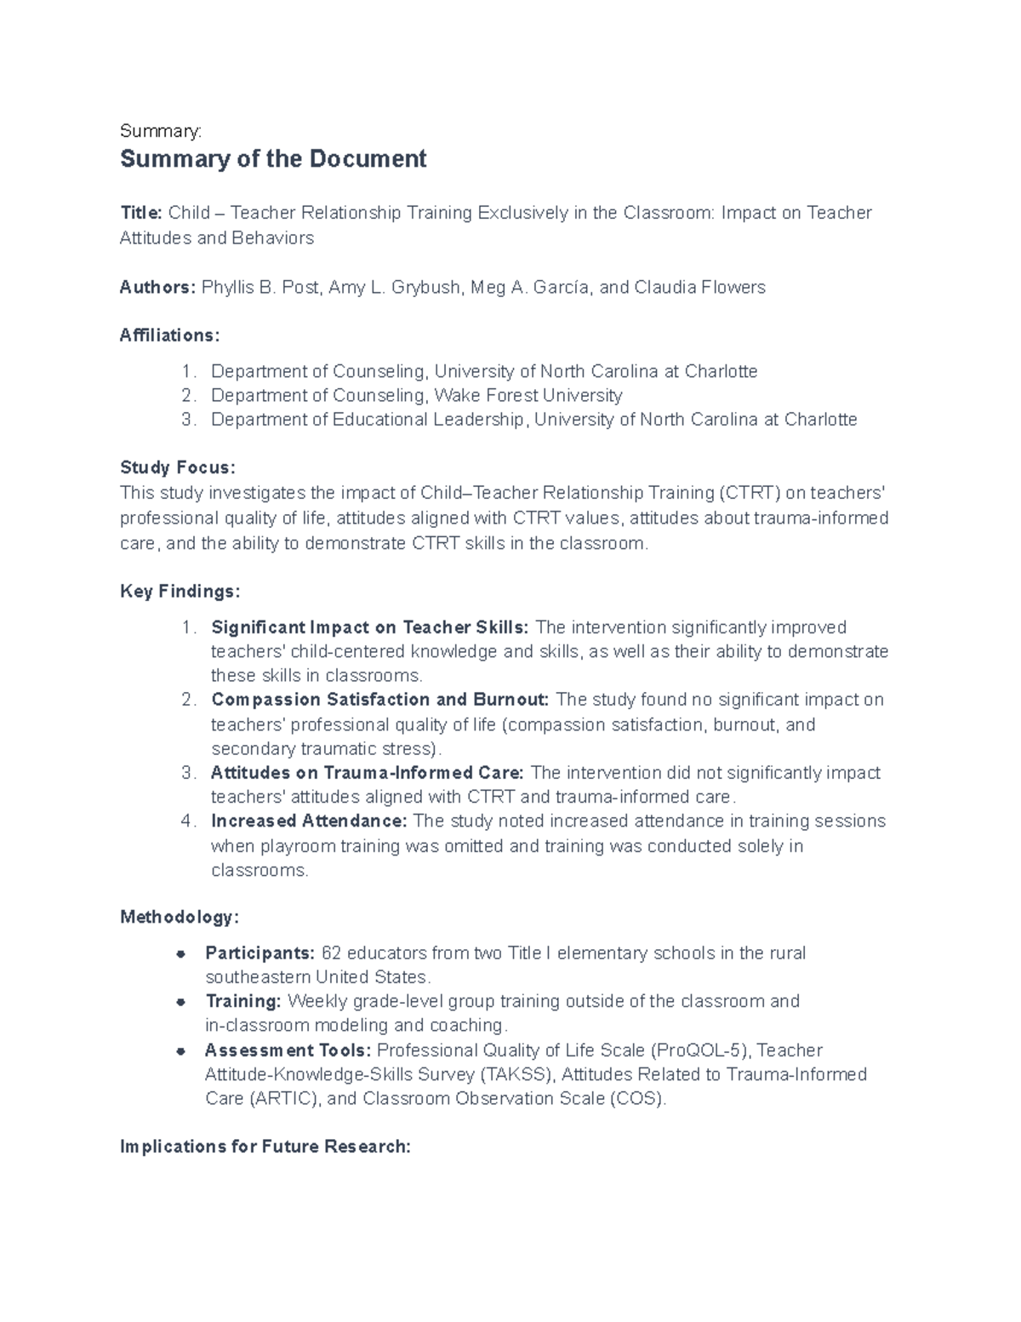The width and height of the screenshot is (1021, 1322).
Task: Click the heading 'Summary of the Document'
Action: [273, 159]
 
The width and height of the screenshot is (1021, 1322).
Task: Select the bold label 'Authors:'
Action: [157, 288]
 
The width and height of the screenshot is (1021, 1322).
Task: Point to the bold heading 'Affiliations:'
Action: [169, 335]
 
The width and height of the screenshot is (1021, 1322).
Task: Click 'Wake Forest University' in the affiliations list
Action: [528, 396]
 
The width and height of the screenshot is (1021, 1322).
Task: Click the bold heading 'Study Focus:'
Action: [177, 467]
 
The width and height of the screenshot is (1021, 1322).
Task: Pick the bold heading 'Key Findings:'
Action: [180, 592]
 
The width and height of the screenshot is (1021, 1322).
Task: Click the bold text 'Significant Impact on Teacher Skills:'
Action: [369, 627]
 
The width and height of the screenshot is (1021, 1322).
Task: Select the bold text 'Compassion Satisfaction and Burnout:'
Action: [379, 700]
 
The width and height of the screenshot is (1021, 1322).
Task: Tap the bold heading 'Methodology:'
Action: [180, 917]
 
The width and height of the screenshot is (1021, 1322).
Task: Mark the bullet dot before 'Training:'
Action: [180, 1002]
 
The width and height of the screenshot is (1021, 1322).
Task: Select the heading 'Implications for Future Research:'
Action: [265, 1147]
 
